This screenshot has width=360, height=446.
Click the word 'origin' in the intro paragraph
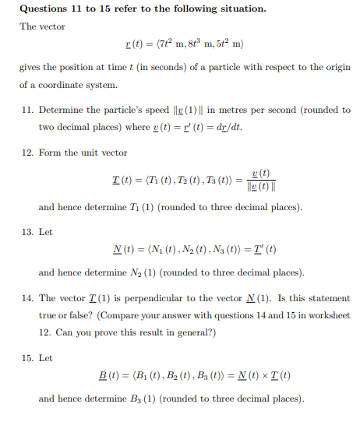pos(337,68)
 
